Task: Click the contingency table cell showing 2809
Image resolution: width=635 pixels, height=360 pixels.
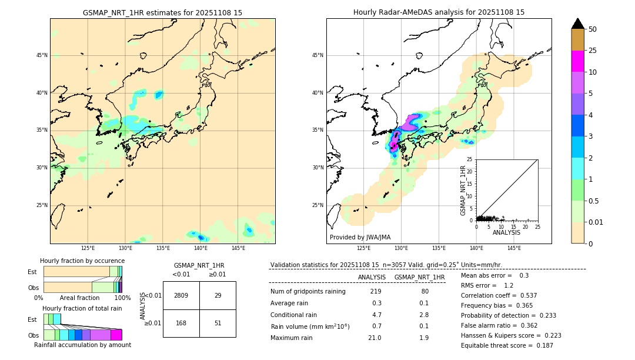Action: pyautogui.click(x=181, y=295)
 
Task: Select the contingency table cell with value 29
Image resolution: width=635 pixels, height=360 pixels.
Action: pyautogui.click(x=218, y=295)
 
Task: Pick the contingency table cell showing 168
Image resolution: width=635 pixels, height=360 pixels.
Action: pyautogui.click(x=181, y=323)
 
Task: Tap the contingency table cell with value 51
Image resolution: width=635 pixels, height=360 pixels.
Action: pyautogui.click(x=218, y=323)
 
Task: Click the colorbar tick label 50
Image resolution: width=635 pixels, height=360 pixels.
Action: pyautogui.click(x=593, y=29)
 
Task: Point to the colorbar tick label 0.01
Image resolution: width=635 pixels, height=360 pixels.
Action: pyautogui.click(x=596, y=222)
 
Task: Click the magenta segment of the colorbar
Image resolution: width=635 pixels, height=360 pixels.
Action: pyautogui.click(x=577, y=61)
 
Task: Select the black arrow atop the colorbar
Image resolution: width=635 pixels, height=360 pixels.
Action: pyautogui.click(x=577, y=23)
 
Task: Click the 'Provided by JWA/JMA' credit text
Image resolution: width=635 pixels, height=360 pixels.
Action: pyautogui.click(x=360, y=237)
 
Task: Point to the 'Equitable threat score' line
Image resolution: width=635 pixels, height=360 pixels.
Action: pyautogui.click(x=507, y=345)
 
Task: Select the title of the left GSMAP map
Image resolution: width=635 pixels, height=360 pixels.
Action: pyautogui.click(x=162, y=12)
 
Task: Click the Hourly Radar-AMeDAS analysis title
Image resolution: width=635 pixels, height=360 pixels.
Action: pyautogui.click(x=439, y=12)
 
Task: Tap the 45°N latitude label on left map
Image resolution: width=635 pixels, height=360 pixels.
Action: pyautogui.click(x=42, y=55)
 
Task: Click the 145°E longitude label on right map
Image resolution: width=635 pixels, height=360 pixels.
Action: pyautogui.click(x=514, y=248)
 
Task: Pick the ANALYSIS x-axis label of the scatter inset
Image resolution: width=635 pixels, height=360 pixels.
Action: pyautogui.click(x=506, y=232)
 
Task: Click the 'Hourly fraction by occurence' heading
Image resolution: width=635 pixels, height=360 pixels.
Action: pyautogui.click(x=82, y=261)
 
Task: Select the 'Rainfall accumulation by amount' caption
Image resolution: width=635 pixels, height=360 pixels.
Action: pyautogui.click(x=82, y=345)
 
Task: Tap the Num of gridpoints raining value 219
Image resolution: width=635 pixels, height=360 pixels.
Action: pyautogui.click(x=376, y=291)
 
